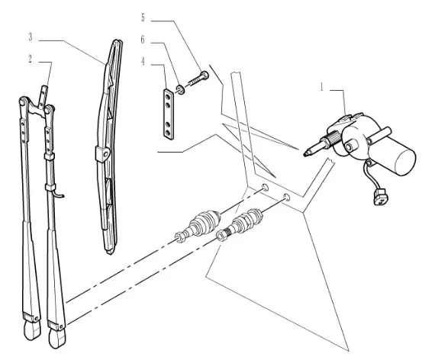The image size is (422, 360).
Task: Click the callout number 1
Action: (x=321, y=87)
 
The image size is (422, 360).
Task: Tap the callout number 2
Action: (x=31, y=59)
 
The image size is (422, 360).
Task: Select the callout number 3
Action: (x=31, y=37)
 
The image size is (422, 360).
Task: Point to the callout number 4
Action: (x=143, y=62)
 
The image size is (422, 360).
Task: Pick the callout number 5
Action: (x=143, y=18)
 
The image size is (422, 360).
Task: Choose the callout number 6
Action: (x=143, y=40)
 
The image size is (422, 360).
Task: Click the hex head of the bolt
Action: (x=205, y=75)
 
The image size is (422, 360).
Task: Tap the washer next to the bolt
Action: (x=180, y=89)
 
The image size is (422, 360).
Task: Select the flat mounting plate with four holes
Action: (x=169, y=114)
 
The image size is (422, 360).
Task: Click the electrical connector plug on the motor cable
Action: (x=381, y=197)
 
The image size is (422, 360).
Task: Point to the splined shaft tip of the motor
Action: (x=308, y=153)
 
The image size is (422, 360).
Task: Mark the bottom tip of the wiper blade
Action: (x=109, y=252)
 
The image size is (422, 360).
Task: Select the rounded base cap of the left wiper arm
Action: (x=32, y=330)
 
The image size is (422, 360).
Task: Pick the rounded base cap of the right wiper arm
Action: (x=57, y=338)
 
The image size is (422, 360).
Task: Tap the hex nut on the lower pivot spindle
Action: (x=221, y=236)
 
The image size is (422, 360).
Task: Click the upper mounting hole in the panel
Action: (x=265, y=188)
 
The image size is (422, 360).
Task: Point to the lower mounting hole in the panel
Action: (x=287, y=198)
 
